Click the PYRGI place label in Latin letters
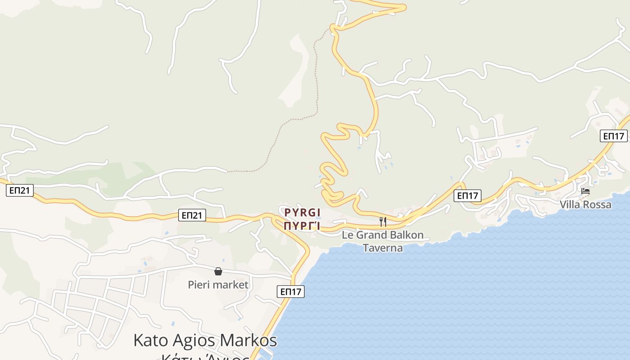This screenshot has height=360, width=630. pyautogui.click(x=302, y=212)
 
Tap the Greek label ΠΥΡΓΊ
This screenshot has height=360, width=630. pyautogui.click(x=302, y=226)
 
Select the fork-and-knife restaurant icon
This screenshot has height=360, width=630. pyautogui.click(x=383, y=221)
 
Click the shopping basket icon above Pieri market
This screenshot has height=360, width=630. pyautogui.click(x=218, y=271)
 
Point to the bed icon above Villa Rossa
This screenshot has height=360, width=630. pyautogui.click(x=585, y=191)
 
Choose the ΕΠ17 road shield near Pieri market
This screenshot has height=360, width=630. pyautogui.click(x=290, y=292)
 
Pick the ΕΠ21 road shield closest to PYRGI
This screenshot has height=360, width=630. pyautogui.click(x=192, y=215)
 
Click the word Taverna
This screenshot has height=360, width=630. pyautogui.click(x=383, y=248)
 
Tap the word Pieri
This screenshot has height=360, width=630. pyautogui.click(x=199, y=285)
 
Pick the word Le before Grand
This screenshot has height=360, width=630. pyautogui.click(x=347, y=235)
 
